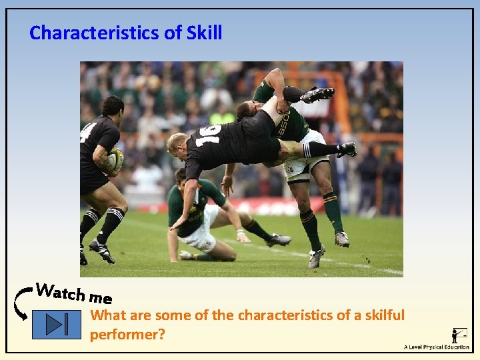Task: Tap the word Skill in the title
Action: [x=203, y=33]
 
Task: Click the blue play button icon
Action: [x=56, y=324]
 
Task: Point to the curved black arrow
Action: [x=20, y=304]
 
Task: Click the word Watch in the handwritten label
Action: [x=60, y=291]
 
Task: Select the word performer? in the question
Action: [x=127, y=334]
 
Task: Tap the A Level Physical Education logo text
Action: [x=436, y=347]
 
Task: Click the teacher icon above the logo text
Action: [x=459, y=334]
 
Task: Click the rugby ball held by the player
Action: [x=115, y=159]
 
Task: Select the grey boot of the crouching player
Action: [x=279, y=240]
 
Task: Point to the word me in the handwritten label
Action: [x=100, y=297]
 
